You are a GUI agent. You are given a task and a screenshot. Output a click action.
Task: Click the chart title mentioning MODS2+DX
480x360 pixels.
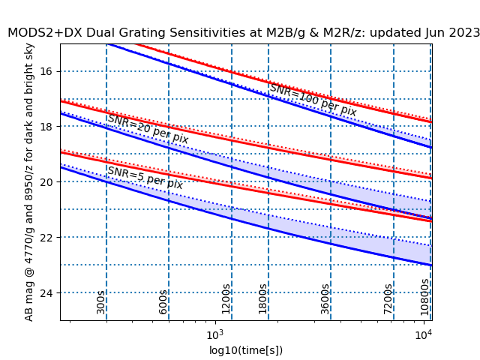pyautogui.click(x=244, y=32)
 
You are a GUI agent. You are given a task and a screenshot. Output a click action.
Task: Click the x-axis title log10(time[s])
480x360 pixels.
pyautogui.click(x=246, y=350)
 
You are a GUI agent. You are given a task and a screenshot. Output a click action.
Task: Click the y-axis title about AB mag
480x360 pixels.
pyautogui.click(x=29, y=182)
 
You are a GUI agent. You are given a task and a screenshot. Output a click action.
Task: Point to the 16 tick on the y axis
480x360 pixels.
pyautogui.click(x=47, y=71)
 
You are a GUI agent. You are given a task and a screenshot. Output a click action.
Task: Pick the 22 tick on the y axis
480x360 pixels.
pyautogui.click(x=47, y=238)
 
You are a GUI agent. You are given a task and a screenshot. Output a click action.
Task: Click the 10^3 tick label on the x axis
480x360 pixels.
pyautogui.click(x=215, y=333)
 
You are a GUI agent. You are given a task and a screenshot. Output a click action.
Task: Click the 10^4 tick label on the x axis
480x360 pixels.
pyautogui.click(x=424, y=333)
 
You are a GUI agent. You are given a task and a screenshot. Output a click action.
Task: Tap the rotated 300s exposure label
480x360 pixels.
pyautogui.click(x=100, y=301)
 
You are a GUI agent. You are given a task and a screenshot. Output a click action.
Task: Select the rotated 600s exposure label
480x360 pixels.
pyautogui.click(x=163, y=301)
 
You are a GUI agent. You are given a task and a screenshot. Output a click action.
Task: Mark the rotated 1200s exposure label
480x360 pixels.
pyautogui.click(x=226, y=298)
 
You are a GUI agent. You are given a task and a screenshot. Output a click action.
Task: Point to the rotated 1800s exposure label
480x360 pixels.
pyautogui.click(x=262, y=298)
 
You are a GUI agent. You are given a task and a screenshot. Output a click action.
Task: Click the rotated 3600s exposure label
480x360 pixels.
pyautogui.click(x=325, y=298)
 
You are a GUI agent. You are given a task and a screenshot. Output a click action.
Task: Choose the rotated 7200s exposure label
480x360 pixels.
pyautogui.click(x=388, y=298)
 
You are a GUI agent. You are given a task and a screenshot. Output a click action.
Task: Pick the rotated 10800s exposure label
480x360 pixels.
pyautogui.click(x=424, y=296)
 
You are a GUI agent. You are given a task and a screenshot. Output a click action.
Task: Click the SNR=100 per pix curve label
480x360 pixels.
pyautogui.click(x=313, y=100)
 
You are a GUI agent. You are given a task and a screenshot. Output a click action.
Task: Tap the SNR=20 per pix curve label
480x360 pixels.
pyautogui.click(x=148, y=129)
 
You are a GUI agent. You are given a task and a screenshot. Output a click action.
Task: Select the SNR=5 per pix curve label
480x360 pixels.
pyautogui.click(x=145, y=178)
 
